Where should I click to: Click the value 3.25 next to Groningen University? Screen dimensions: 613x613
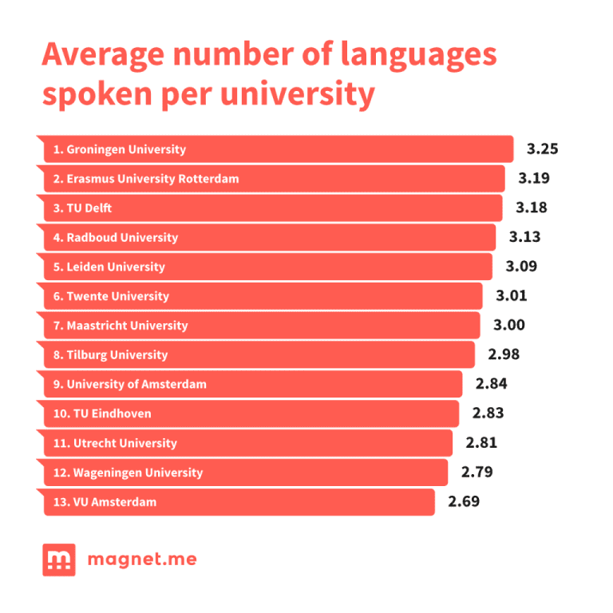pos(542,149)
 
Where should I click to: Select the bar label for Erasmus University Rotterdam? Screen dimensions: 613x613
pos(146,179)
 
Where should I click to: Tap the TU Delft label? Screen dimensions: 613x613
pos(83,208)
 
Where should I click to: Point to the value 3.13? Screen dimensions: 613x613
pos(524,237)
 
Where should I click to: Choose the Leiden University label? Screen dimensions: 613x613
pos(109,267)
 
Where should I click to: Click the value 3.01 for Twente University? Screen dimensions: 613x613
pos(512,296)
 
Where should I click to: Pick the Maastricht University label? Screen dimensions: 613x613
pos(121,326)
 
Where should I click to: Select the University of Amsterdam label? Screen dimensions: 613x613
pos(130,384)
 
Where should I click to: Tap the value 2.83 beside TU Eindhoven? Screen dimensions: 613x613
pos(488,413)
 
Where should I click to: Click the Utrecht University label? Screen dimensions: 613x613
pos(115,443)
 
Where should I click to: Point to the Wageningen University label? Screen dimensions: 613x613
pos(129,473)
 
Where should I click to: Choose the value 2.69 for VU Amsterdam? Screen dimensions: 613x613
pos(464,502)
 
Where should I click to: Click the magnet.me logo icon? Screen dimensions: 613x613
pos(59,560)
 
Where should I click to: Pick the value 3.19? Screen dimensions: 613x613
pos(534,179)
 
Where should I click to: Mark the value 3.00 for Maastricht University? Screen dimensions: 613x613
pos(509,326)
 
